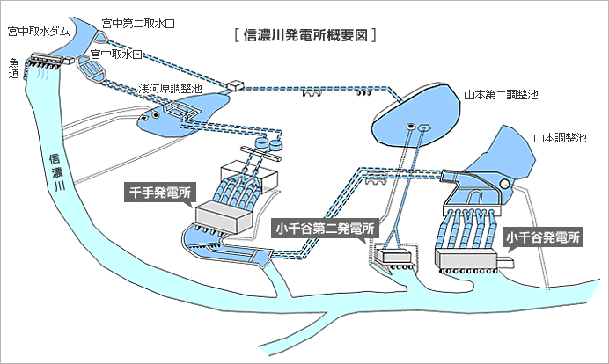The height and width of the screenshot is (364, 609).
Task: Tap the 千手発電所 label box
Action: point(161,192)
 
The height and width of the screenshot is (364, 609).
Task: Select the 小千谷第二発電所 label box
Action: point(325,229)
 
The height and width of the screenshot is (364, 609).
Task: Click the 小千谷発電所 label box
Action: point(543,237)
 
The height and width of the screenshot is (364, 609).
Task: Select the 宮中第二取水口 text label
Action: point(138,24)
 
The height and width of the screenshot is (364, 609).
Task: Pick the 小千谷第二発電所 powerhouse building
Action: point(393,256)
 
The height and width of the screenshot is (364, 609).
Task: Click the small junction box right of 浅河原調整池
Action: point(235,86)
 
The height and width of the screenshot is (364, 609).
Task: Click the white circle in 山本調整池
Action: point(505,183)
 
